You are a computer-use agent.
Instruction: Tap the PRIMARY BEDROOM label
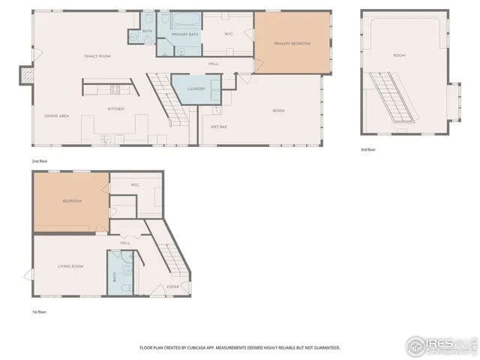tap(292, 44)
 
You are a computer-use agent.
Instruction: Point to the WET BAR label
tap(219, 127)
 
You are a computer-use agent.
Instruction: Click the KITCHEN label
tap(115, 109)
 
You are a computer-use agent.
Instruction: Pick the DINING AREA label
tap(57, 115)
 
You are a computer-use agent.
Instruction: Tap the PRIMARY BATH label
tap(184, 35)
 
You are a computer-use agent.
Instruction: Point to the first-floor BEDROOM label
tap(71, 202)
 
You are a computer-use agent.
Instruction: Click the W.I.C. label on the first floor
tap(135, 184)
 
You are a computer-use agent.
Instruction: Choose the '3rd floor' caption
tap(368, 150)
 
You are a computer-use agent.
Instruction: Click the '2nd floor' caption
tap(39, 160)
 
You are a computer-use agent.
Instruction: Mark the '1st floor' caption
tap(38, 311)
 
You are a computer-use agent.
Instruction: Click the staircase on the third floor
tap(397, 98)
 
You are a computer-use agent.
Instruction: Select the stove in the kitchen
tap(115, 88)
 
